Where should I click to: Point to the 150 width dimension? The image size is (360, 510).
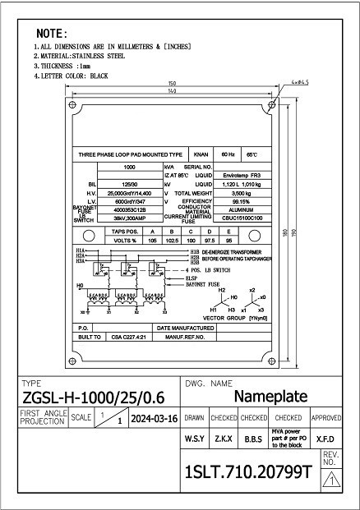(x=172, y=84)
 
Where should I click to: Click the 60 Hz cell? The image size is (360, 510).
(x=227, y=154)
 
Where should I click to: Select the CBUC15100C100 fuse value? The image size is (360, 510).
(x=242, y=219)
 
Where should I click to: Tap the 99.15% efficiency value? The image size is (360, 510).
(x=242, y=201)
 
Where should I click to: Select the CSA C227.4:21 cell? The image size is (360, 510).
(x=127, y=337)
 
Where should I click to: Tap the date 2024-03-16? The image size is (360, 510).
(x=155, y=418)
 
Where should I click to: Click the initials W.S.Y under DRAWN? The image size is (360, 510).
(x=195, y=439)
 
